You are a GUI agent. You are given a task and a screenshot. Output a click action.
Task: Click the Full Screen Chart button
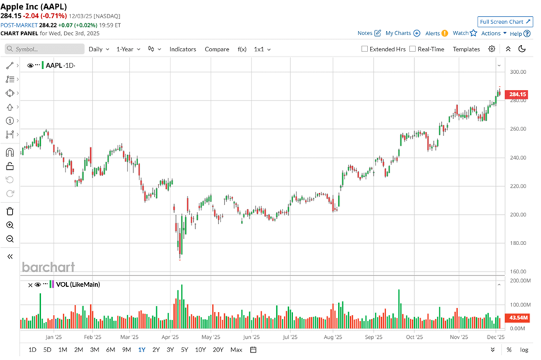[504, 22]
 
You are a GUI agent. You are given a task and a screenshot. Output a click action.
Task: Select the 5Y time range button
[184, 350]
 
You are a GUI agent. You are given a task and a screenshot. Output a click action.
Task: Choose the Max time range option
[236, 350]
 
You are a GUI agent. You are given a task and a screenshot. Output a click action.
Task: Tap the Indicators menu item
[182, 49]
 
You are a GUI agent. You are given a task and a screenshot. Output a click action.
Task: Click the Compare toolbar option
[217, 49]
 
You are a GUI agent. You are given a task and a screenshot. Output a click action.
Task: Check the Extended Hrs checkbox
[364, 49]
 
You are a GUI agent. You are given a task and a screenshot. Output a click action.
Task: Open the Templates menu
[466, 49]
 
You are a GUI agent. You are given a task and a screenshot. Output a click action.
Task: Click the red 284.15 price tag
[517, 94]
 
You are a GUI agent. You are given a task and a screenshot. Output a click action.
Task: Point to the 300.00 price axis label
[518, 72]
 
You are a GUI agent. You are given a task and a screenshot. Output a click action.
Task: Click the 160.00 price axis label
[518, 271]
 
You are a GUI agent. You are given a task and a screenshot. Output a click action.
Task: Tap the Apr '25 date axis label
[170, 337]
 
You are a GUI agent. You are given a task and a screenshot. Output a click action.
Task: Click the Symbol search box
[44, 49]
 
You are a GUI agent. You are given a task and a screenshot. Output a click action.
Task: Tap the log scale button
[523, 350]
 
